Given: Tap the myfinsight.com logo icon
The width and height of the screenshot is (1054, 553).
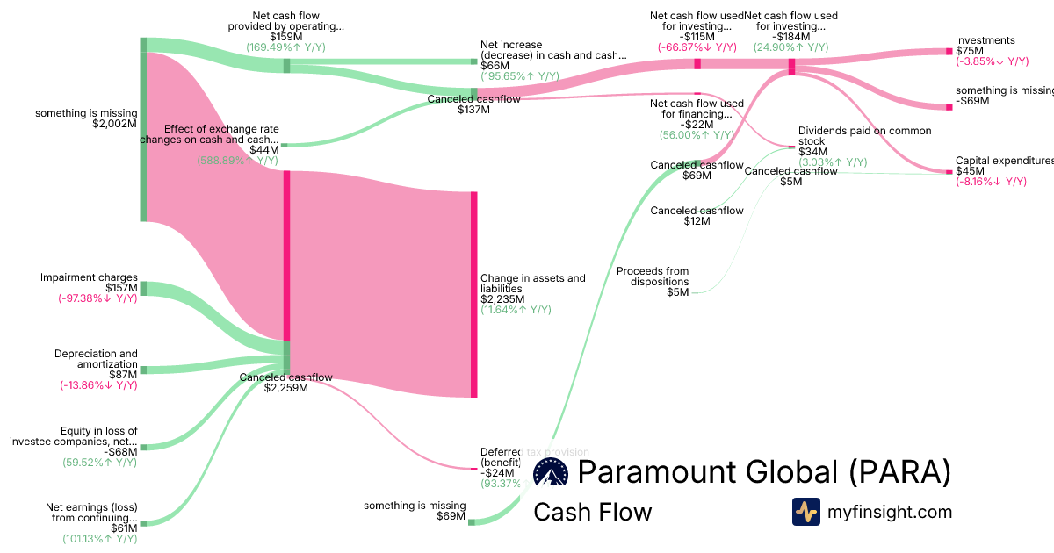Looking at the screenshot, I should click(806, 512).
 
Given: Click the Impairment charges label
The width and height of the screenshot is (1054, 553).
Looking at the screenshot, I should click(89, 277).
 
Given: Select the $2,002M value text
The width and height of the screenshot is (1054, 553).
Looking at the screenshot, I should click(115, 124).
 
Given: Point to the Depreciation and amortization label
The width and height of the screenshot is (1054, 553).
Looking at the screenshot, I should click(96, 359).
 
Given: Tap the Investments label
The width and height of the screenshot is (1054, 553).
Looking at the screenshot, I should click(985, 40).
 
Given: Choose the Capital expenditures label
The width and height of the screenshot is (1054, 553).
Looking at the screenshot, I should click(1004, 161).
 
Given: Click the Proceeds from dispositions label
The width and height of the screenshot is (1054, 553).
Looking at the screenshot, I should click(653, 276).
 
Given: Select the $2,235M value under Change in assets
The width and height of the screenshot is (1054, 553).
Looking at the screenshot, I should click(502, 299).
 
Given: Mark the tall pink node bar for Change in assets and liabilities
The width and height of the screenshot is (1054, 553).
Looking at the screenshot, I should click(474, 294).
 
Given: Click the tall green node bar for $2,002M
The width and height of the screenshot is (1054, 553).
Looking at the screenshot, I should click(144, 129).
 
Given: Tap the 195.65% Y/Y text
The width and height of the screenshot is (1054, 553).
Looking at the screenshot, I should click(519, 76).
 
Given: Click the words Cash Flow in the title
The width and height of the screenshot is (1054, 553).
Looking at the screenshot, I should click(592, 512).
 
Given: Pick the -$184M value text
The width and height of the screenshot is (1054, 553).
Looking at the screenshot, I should click(790, 37).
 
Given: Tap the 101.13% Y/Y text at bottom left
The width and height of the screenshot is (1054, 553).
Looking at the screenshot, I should click(99, 539).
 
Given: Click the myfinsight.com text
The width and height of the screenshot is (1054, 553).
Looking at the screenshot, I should click(889, 512).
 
